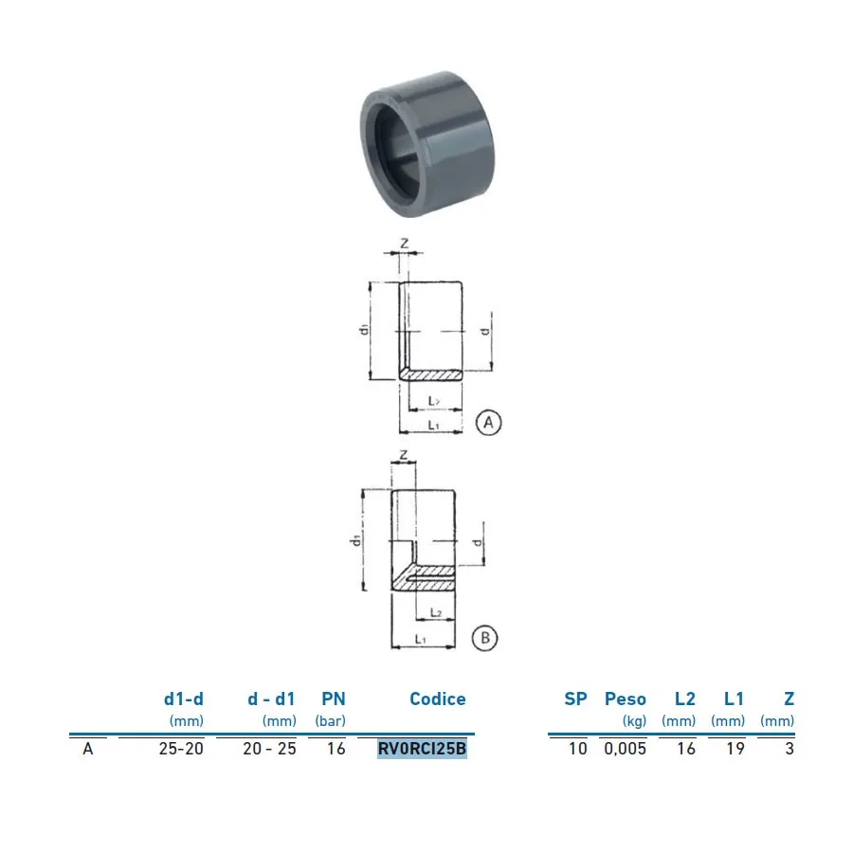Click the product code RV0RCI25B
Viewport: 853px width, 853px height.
tap(422, 749)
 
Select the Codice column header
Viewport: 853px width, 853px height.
tap(437, 699)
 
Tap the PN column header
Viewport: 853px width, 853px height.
tap(334, 699)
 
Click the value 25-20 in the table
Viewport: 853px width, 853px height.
tap(181, 749)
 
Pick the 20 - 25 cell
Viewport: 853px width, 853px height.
tap(270, 749)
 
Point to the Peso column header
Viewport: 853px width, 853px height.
tap(626, 699)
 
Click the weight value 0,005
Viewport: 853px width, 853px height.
tap(626, 749)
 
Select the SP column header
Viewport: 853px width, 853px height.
tap(575, 699)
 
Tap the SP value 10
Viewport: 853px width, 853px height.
tap(578, 749)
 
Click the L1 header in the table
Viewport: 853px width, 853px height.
tap(734, 699)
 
